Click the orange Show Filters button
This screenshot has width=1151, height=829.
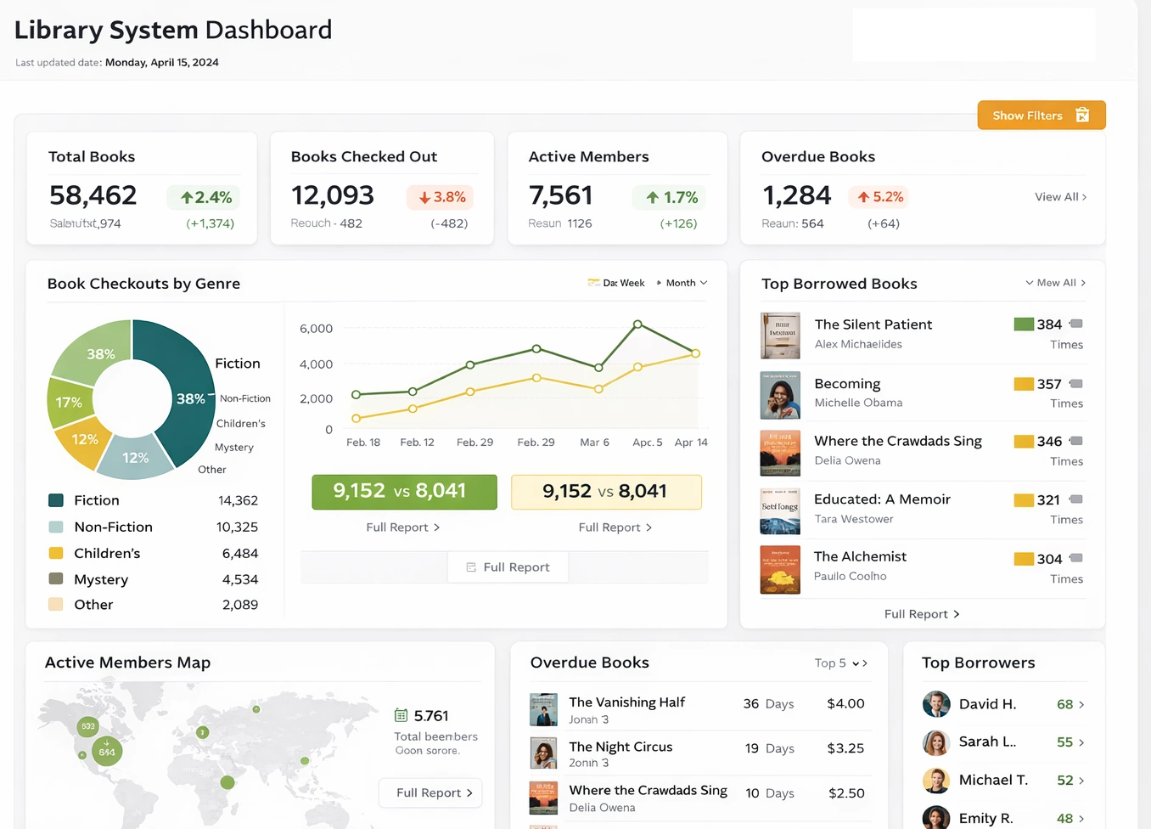pyautogui.click(x=1041, y=116)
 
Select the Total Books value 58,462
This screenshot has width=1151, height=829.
pyautogui.click(x=93, y=195)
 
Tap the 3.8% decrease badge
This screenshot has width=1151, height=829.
pyautogui.click(x=441, y=197)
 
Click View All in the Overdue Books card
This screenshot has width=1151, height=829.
pyautogui.click(x=1060, y=197)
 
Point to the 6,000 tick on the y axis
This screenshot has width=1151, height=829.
pyautogui.click(x=316, y=329)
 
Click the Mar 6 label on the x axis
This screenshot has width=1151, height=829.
pyautogui.click(x=594, y=443)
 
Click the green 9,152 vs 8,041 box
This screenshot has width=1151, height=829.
pyautogui.click(x=404, y=492)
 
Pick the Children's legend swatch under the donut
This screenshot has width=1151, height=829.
pyautogui.click(x=56, y=553)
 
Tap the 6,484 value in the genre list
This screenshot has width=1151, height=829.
pyautogui.click(x=239, y=553)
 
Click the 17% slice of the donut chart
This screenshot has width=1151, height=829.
pyautogui.click(x=69, y=402)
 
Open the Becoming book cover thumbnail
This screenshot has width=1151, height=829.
pyautogui.click(x=780, y=395)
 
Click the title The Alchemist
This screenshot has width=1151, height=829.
pyautogui.click(x=860, y=556)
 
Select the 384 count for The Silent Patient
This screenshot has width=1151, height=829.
pyautogui.click(x=1049, y=324)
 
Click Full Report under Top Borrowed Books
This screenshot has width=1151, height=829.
pyautogui.click(x=921, y=614)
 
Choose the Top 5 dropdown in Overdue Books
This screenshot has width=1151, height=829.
pyautogui.click(x=839, y=663)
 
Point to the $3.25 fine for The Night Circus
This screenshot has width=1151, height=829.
pyautogui.click(x=845, y=748)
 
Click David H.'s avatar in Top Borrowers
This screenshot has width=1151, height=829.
pyautogui.click(x=936, y=704)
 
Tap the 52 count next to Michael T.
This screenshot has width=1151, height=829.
pyautogui.click(x=1064, y=781)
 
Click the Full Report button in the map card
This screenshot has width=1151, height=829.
pyautogui.click(x=430, y=792)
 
